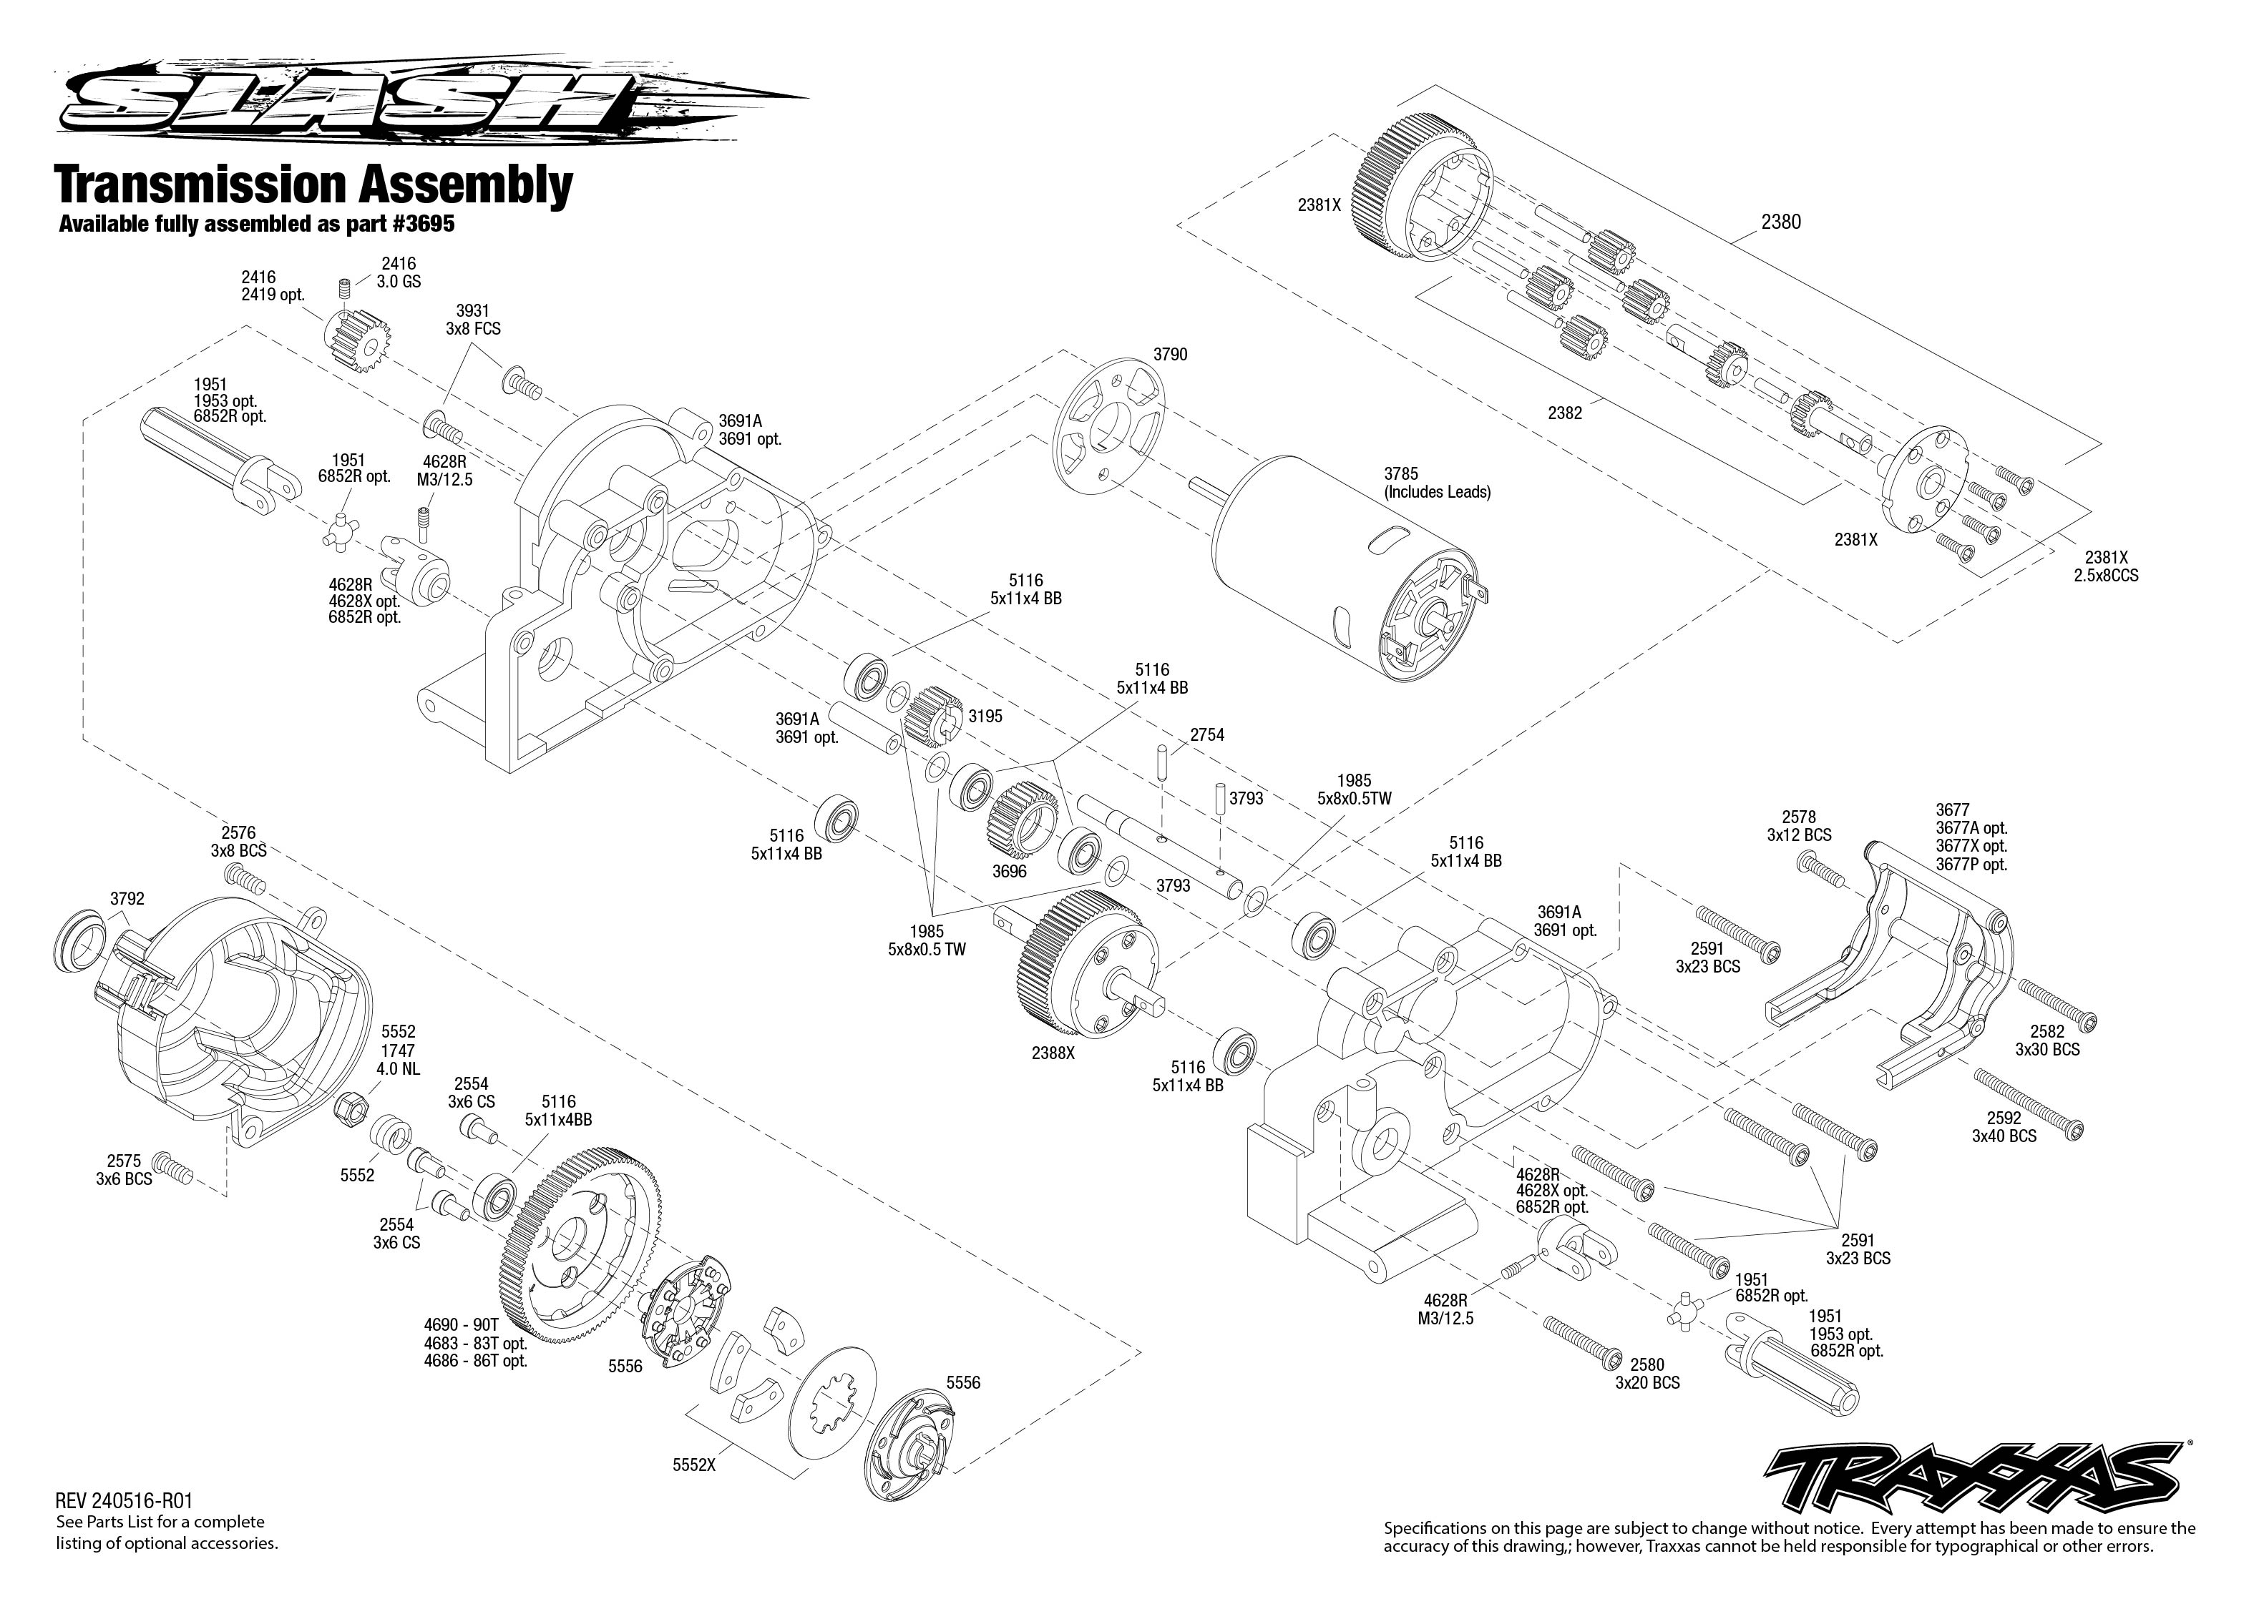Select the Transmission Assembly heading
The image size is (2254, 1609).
(314, 185)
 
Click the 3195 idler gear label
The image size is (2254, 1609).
(985, 717)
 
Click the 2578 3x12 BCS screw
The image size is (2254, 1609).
(1823, 872)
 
